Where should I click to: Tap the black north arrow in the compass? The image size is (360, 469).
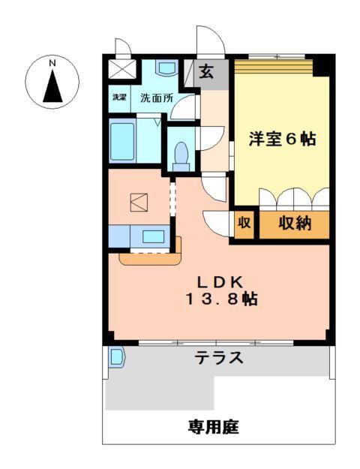tap(52, 88)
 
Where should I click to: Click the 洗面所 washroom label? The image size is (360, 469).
tap(157, 98)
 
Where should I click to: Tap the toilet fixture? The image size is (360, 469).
tap(180, 154)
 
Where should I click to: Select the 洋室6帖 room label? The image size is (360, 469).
tap(282, 139)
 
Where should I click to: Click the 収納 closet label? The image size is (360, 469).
tap(295, 224)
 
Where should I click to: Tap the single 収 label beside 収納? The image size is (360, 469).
tap(244, 224)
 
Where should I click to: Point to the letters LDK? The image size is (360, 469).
tap(220, 281)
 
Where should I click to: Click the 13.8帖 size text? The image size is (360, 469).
tap(223, 299)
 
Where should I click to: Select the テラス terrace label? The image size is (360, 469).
tap(219, 358)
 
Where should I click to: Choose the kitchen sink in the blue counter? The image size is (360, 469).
tap(154, 237)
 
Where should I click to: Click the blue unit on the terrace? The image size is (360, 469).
tap(115, 357)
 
